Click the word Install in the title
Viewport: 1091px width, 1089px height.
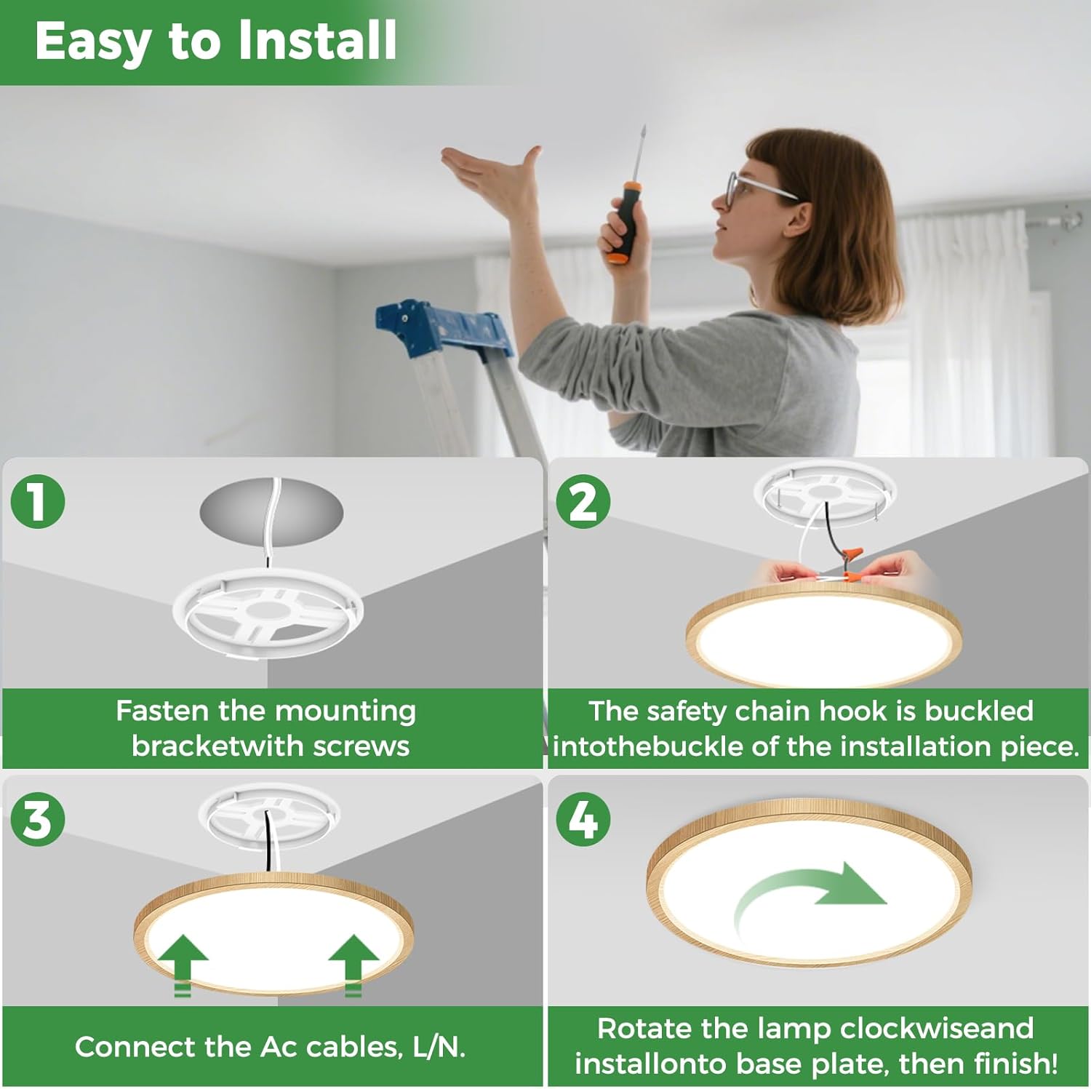click(x=317, y=41)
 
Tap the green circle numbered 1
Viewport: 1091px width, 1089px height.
click(x=38, y=501)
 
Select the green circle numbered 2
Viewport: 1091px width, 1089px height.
click(x=583, y=501)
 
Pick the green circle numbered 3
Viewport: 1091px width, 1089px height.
click(x=38, y=820)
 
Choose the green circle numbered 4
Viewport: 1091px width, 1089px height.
click(x=583, y=820)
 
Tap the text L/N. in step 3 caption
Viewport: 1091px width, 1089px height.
click(x=439, y=1047)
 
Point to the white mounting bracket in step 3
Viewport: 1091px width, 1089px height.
click(x=269, y=820)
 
